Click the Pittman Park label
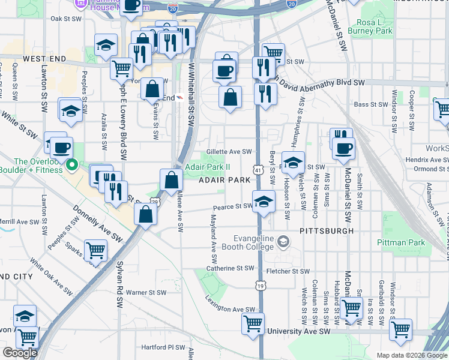click(x=401, y=242)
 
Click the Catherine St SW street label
click(x=231, y=268)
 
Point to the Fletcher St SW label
click(x=287, y=271)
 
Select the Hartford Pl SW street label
click(x=163, y=347)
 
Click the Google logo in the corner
click(x=19, y=353)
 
